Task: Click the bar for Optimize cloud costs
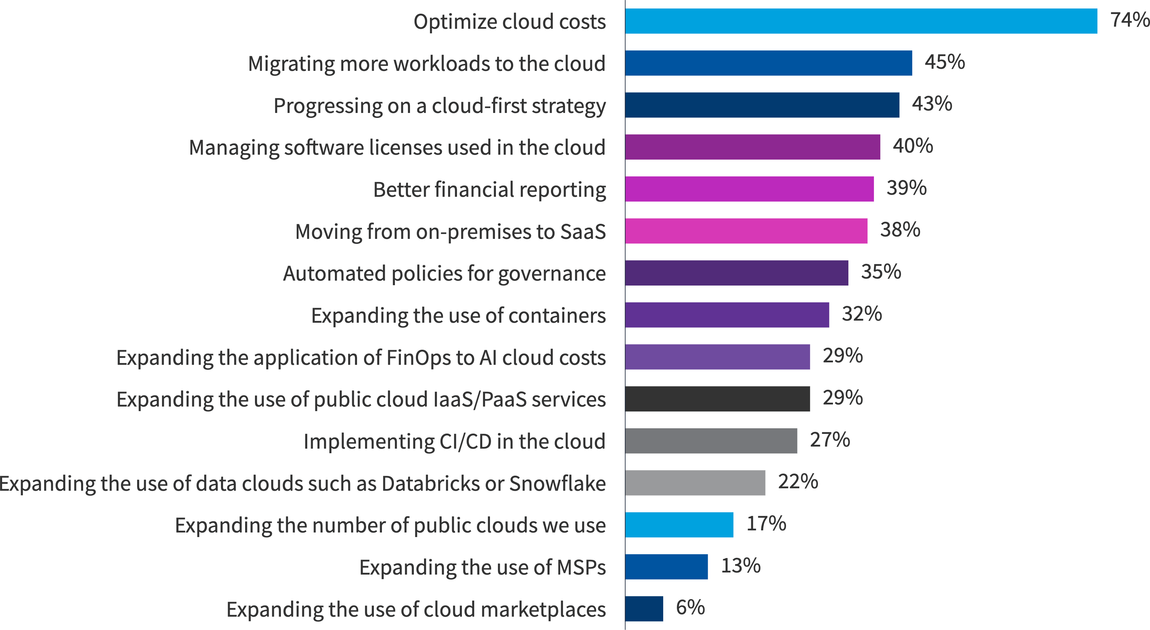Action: tap(861, 21)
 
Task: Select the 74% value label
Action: tap(1129, 20)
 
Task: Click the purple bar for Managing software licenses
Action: tap(752, 147)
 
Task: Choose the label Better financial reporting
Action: tap(489, 189)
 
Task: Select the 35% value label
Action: tap(881, 272)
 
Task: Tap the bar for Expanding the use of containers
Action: tap(727, 315)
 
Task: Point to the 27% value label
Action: tap(829, 440)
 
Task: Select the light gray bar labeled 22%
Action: tap(695, 483)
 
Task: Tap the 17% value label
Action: tap(766, 524)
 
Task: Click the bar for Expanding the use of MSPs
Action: tap(666, 567)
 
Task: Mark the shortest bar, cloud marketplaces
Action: tap(644, 609)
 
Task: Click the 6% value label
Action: tap(690, 608)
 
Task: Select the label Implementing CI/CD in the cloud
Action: tap(454, 442)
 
